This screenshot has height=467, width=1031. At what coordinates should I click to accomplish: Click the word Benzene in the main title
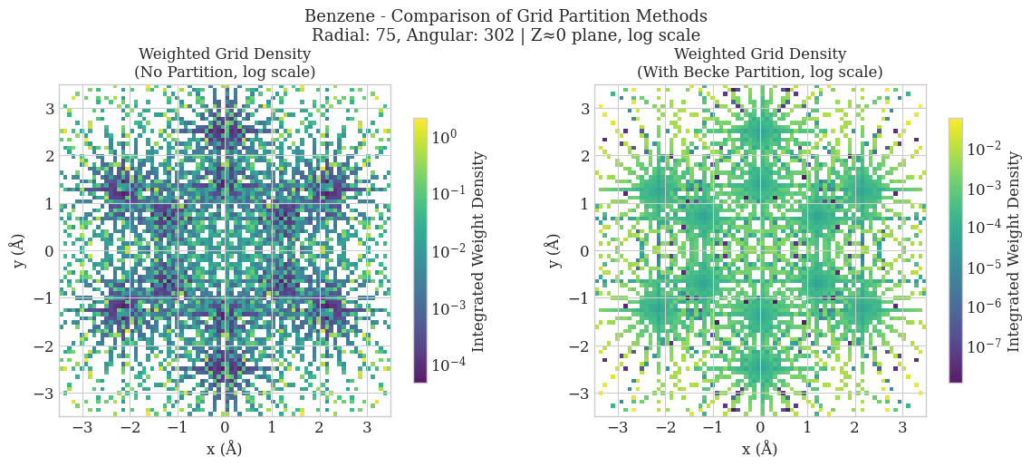tap(337, 16)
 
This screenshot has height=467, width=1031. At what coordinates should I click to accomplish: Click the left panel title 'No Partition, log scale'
tap(225, 72)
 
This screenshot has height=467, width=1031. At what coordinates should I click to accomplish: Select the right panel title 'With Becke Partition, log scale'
tap(759, 72)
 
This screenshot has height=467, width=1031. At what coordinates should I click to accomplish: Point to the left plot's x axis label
tap(225, 449)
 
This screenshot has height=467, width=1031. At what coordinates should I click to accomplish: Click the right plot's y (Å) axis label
tap(554, 249)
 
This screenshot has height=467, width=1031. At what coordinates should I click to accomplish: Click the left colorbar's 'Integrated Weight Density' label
tap(479, 249)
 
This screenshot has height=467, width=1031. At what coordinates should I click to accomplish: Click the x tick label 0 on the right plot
tap(760, 428)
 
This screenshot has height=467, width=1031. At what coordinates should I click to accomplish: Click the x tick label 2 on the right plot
tap(854, 428)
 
